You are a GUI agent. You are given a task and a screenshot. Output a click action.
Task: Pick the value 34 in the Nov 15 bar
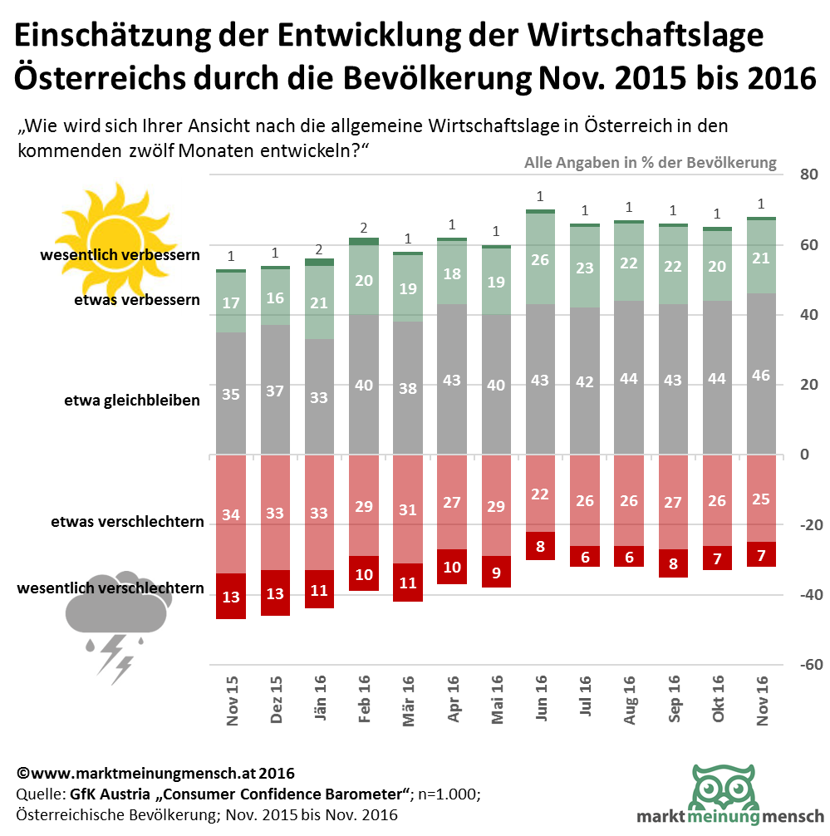tap(231, 515)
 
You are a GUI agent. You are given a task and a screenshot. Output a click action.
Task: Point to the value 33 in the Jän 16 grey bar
tap(320, 397)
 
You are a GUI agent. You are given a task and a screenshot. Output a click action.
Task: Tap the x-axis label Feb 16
tap(364, 700)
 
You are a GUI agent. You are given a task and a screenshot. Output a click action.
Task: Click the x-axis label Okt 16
tap(717, 700)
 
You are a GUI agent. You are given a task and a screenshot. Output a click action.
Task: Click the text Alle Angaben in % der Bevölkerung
tap(650, 163)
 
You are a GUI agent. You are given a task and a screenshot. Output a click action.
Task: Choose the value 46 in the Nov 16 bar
tap(761, 376)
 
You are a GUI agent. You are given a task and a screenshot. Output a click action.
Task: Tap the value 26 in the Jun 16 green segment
tap(540, 260)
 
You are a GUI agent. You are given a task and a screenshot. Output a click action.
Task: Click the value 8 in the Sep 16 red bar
tap(673, 563)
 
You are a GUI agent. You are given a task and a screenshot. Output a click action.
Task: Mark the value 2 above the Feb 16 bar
tap(364, 229)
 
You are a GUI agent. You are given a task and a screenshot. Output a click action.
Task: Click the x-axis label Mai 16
tap(497, 700)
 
